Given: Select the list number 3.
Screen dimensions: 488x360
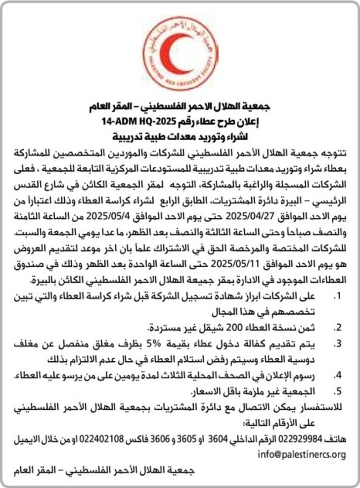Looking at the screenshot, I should [337, 343].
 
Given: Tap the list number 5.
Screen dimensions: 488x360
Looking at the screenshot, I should [337, 391].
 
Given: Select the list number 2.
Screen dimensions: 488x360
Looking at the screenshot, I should [337, 327].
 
